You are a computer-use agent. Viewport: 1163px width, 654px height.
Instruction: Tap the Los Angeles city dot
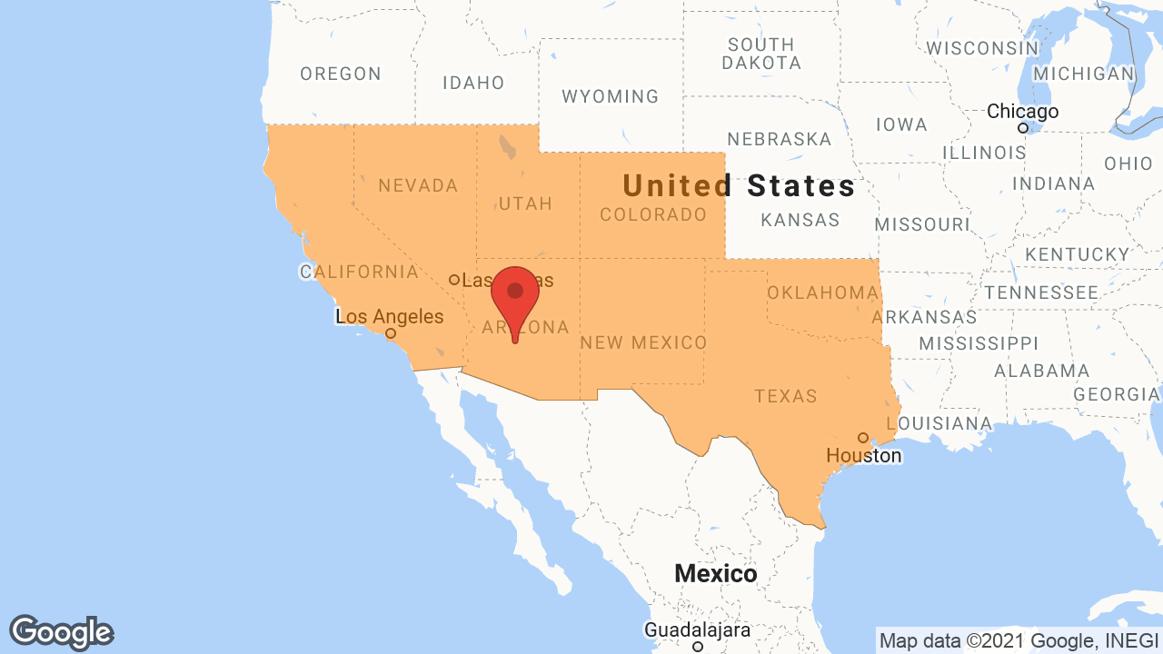tap(391, 333)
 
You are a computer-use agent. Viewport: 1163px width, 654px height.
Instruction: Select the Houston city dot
tap(863, 438)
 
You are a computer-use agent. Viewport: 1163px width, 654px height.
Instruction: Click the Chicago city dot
tap(1022, 128)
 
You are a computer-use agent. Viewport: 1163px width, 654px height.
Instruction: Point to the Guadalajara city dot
tap(698, 647)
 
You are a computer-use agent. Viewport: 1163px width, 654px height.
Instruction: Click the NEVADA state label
tap(418, 185)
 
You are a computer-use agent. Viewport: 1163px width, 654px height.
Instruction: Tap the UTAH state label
tap(525, 203)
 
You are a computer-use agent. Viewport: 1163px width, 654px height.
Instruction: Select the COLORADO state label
tap(653, 215)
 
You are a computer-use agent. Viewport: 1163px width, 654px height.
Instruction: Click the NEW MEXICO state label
tap(643, 342)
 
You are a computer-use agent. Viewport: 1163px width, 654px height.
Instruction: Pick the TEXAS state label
tap(786, 396)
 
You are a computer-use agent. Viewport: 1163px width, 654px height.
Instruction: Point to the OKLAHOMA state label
tap(822, 292)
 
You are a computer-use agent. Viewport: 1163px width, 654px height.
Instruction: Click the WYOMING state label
tap(610, 96)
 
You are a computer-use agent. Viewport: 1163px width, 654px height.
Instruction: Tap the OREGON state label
tap(341, 74)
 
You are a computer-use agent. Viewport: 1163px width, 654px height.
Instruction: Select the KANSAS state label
tap(800, 220)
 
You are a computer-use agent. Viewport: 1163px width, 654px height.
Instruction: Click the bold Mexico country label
tap(715, 574)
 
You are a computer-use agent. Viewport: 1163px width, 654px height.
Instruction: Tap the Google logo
tap(62, 632)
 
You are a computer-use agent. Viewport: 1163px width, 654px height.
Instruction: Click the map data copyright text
tap(1018, 639)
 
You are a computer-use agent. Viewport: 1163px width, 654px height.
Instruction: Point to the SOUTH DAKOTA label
tap(761, 54)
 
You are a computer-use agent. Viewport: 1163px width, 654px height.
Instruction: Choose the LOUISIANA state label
tap(939, 423)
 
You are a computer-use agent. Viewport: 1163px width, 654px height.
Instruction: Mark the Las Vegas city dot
tap(454, 280)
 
